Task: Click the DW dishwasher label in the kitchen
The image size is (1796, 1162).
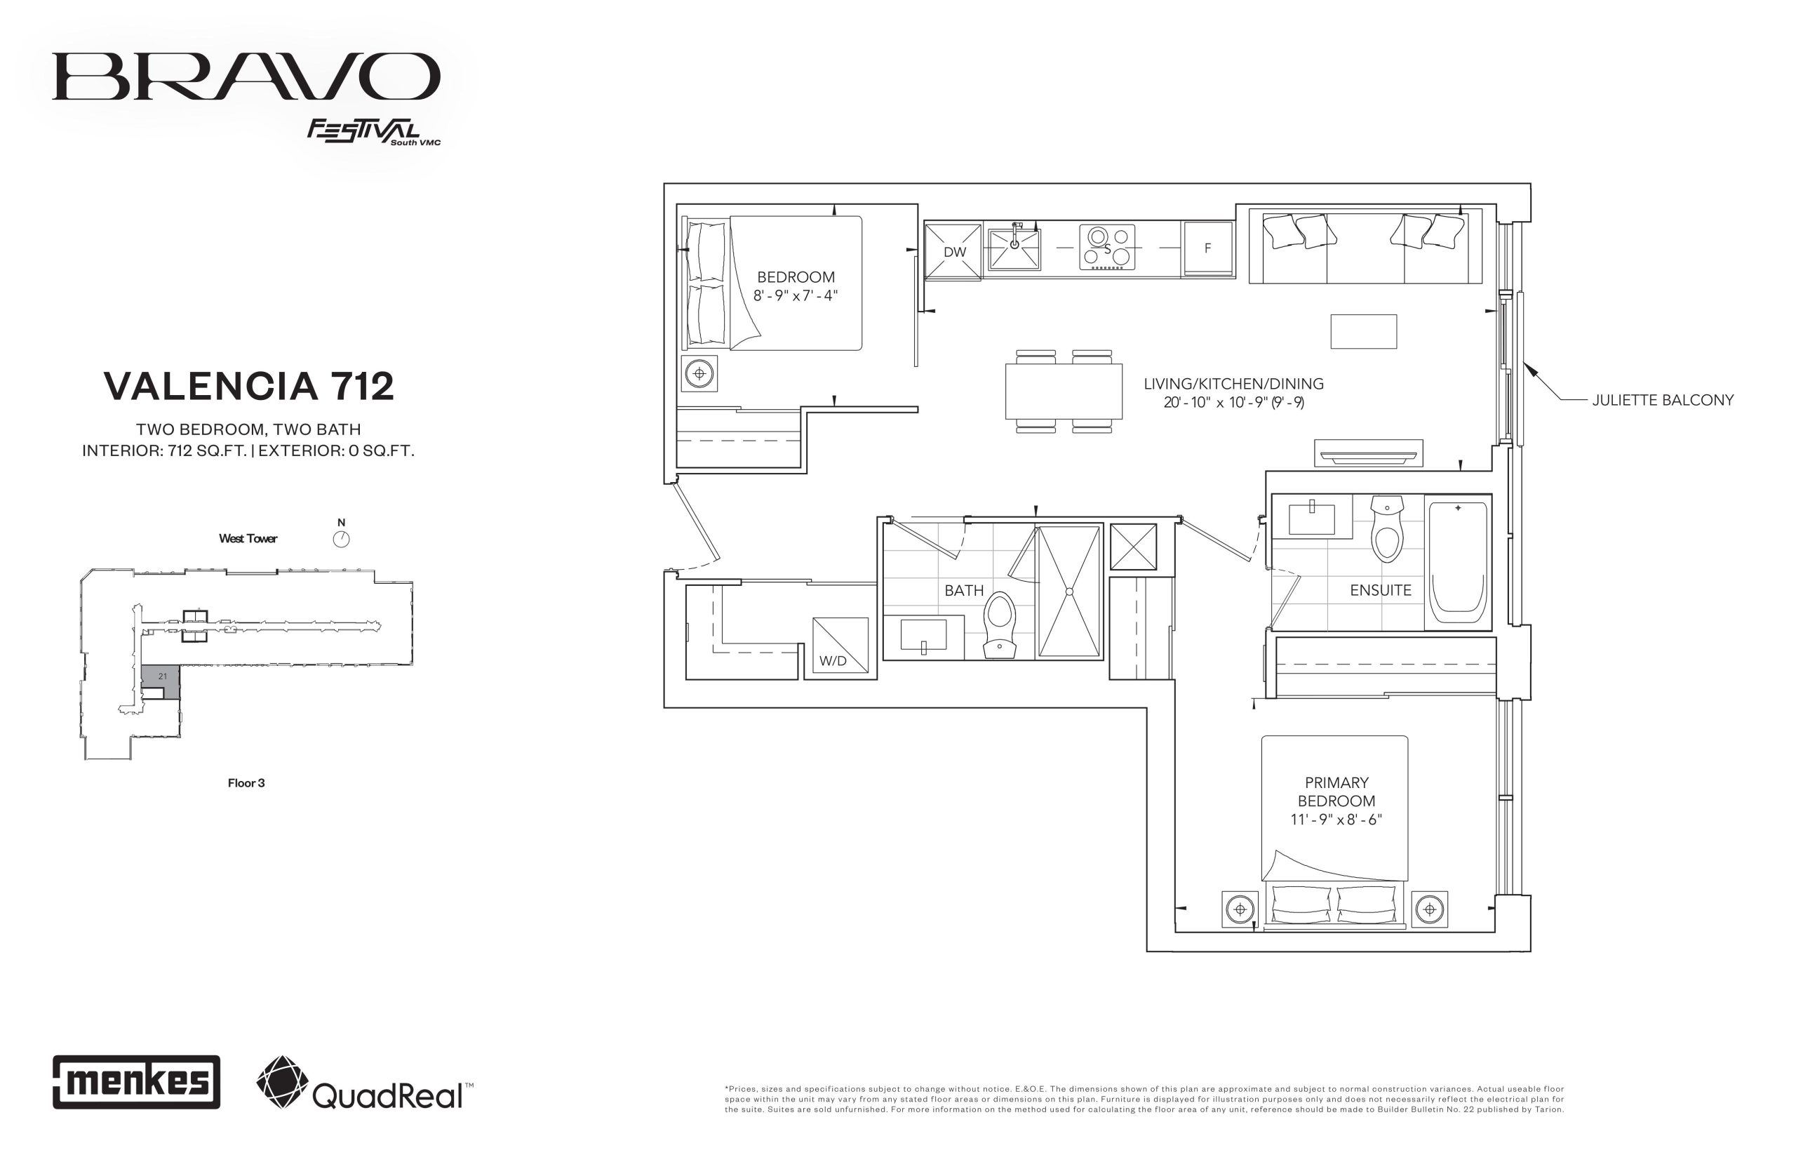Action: coord(954,252)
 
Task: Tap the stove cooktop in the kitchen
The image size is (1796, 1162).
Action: coord(1106,248)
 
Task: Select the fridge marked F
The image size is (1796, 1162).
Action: coord(1207,248)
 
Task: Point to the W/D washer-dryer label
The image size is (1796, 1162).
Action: coord(833,661)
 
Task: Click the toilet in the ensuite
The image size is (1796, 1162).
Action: coord(1386,529)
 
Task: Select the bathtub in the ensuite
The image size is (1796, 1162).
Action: coord(1457,562)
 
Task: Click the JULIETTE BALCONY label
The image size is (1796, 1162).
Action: coord(1663,400)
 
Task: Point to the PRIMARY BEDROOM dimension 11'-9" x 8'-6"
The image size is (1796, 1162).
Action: coord(1336,820)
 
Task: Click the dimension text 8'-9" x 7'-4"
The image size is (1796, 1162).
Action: coord(795,296)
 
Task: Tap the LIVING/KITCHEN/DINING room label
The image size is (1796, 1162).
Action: coord(1233,383)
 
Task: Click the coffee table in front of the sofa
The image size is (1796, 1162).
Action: coord(1363,331)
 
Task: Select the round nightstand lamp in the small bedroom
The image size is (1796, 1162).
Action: coord(699,373)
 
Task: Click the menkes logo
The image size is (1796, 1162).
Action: coord(137,1082)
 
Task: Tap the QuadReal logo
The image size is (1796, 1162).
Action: coord(365,1083)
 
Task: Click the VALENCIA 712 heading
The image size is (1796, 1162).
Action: coord(249,387)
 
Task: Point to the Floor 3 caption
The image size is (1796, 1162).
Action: coord(246,783)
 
